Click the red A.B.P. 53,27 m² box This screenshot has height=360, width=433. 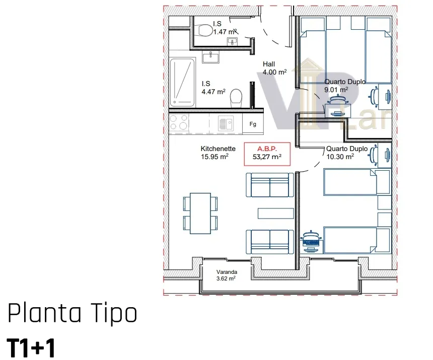(267, 154)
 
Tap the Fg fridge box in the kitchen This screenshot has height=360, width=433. (253, 124)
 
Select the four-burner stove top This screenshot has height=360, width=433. (179, 122)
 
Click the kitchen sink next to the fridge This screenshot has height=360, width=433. (226, 123)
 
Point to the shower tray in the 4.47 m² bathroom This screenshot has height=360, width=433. (182, 82)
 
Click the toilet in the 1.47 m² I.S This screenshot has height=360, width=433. (204, 30)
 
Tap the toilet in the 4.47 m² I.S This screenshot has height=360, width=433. (236, 98)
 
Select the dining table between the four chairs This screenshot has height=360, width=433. (200, 213)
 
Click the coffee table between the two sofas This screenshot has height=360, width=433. (275, 213)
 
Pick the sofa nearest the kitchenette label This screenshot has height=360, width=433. (270, 185)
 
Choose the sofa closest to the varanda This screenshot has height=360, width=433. (270, 242)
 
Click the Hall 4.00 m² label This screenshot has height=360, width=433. (274, 68)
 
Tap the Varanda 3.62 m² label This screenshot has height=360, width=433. (226, 275)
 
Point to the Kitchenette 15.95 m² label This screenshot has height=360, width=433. (218, 153)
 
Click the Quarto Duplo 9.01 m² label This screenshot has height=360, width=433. (345, 86)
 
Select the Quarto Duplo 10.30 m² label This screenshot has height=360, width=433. (347, 153)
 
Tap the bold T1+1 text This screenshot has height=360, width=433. (31, 348)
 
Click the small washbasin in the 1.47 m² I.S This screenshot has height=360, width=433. (232, 42)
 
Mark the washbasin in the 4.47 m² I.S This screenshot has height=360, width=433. (210, 57)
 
